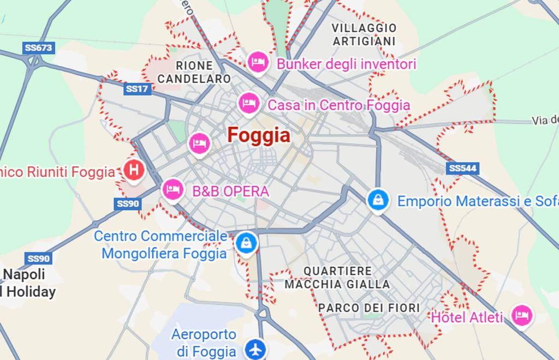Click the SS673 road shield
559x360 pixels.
pos(38,48)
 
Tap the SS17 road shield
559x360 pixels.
pos(137,89)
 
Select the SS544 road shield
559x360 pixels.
pos(462,168)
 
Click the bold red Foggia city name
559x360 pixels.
pos(259,135)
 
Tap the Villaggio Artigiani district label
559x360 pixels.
pos(364,34)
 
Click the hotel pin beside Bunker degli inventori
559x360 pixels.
pos(258,62)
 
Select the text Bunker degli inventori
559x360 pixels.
pos(346,64)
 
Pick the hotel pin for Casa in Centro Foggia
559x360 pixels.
pos(249,103)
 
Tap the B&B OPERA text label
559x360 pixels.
pos(230,191)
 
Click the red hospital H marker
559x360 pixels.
pos(133,170)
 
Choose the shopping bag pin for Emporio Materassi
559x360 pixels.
pos(378,200)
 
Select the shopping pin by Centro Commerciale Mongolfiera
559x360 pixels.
pos(246,243)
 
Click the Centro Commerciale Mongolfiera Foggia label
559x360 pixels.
pos(162,245)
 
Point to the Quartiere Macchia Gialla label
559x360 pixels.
pos(337,278)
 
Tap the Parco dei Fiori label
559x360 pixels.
pos(369,308)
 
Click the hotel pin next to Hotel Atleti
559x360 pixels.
pos(522,315)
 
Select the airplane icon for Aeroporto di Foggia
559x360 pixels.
pos(254,348)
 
